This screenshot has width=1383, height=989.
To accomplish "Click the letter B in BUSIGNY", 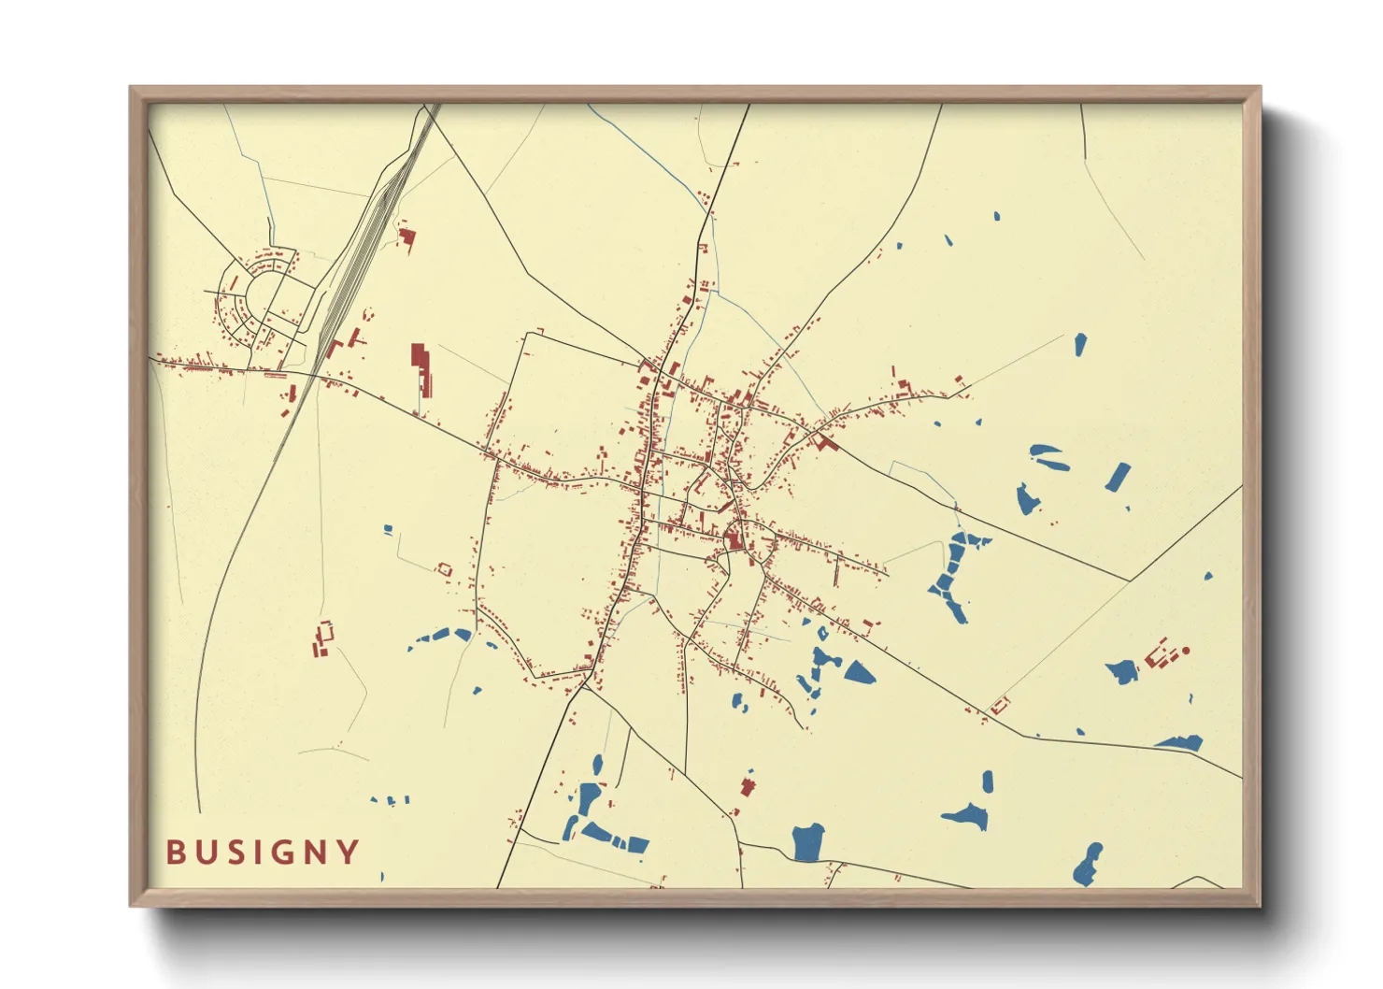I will pos(175,853).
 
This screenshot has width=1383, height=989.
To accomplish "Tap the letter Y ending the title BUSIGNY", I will pos(349,853).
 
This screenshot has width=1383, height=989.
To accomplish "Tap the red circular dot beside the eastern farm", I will pos(1186,650).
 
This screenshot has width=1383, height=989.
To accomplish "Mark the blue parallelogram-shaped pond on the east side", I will pos(1118,477).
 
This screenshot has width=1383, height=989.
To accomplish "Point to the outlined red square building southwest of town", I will pos(444,568).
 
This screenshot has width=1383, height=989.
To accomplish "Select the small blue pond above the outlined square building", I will pos(388,530).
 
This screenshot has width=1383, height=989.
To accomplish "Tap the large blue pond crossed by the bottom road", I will pos(807,842).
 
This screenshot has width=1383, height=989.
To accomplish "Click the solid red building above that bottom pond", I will pos(747,786).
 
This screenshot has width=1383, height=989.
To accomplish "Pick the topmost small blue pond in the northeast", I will pos(996,216).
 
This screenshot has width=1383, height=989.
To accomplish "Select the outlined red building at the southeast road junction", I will pos(1001,705).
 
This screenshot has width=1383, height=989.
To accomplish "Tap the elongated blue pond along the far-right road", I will pos(1180,743).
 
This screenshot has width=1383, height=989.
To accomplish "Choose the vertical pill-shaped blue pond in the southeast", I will pos(988,781).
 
